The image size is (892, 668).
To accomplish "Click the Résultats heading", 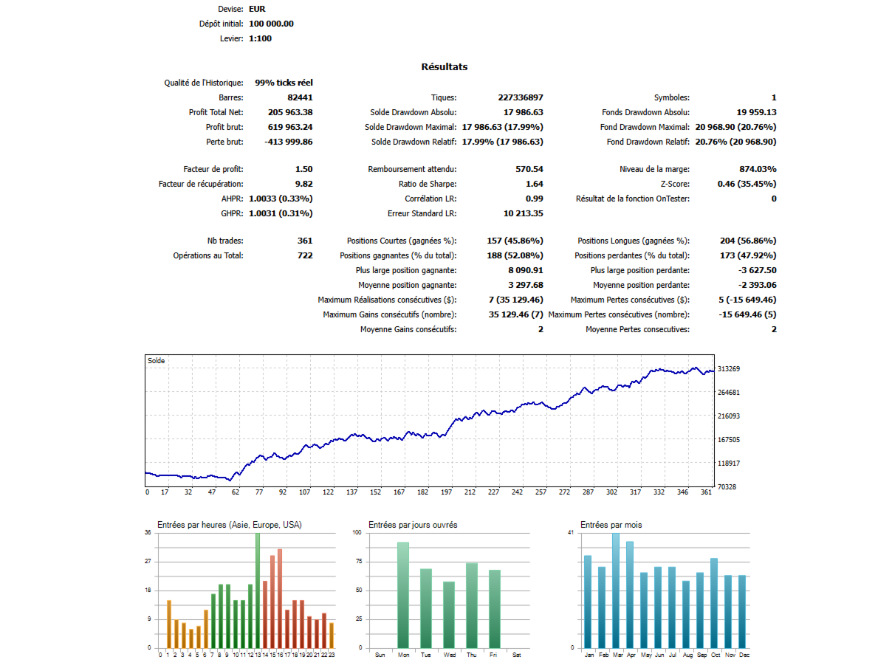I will [x=444, y=67].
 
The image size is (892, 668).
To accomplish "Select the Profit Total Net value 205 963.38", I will [x=290, y=112].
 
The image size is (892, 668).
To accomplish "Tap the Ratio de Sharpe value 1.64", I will [x=535, y=184].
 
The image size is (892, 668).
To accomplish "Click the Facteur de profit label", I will [x=213, y=169].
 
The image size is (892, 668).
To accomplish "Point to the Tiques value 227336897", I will [x=521, y=97].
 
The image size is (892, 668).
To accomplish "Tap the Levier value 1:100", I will [x=260, y=38].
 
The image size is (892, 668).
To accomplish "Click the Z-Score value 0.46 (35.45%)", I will [x=747, y=184].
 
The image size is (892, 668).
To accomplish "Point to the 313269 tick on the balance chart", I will [x=729, y=369].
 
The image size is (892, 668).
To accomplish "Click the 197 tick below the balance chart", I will [x=446, y=492].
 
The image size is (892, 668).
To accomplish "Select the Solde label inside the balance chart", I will [x=156, y=361].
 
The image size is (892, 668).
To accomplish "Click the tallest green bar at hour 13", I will [x=258, y=590].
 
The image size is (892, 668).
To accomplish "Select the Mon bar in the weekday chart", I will [x=403, y=595].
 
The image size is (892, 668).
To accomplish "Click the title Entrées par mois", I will [x=611, y=525].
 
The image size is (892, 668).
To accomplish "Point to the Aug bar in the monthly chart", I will [x=686, y=614].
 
